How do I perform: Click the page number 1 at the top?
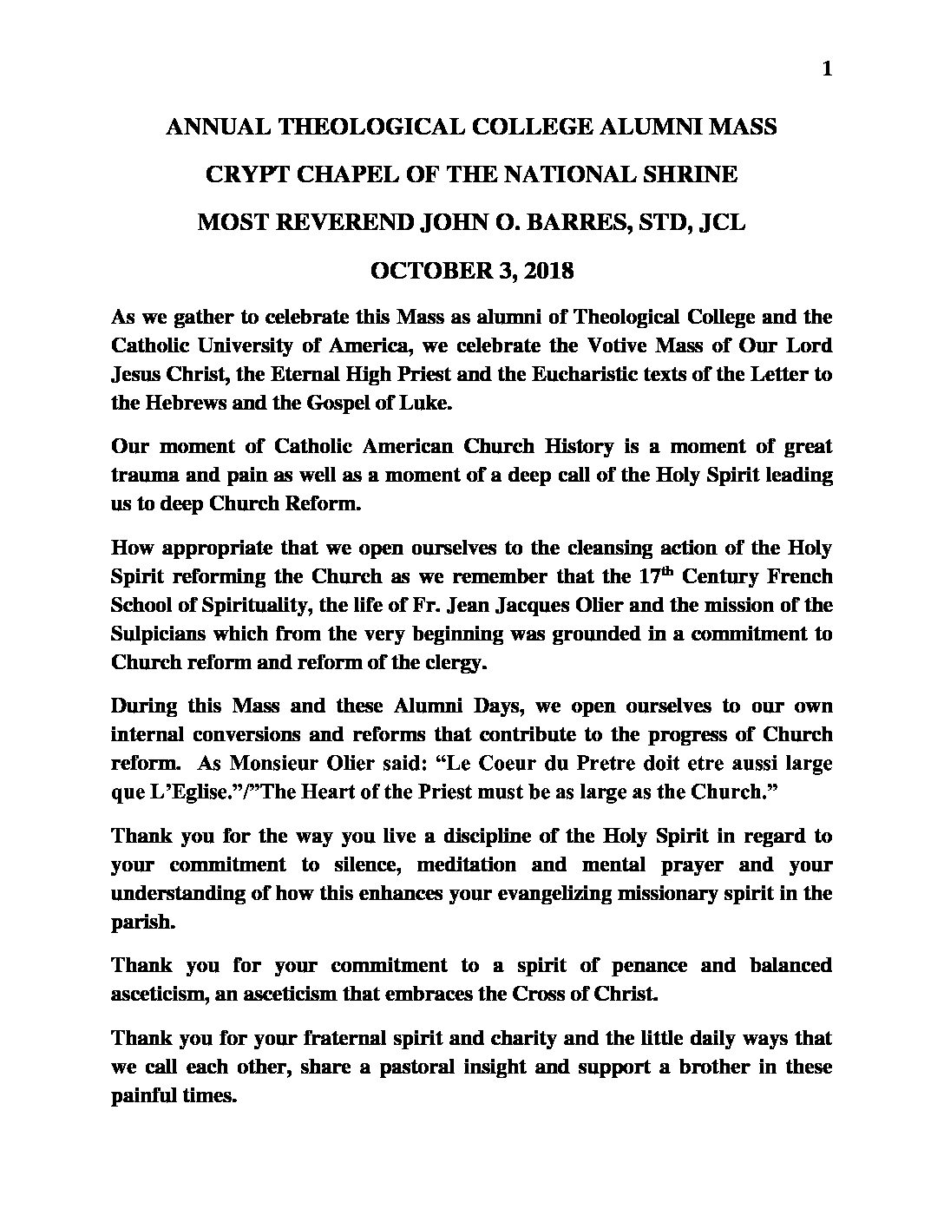coord(826,70)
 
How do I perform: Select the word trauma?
coord(144,475)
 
